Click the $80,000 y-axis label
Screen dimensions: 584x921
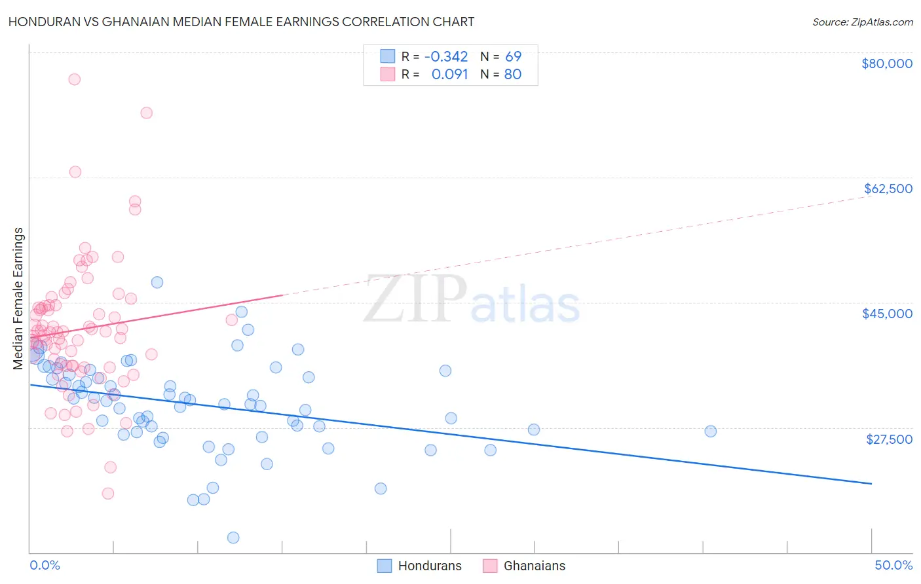coord(887,64)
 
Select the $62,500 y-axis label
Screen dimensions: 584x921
coord(888,189)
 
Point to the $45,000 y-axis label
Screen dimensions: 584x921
coord(887,314)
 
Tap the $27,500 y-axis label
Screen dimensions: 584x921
coord(889,439)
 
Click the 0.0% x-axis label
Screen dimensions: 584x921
coord(45,565)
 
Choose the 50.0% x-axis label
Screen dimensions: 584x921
coord(893,565)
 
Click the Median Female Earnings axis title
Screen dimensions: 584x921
coord(18,299)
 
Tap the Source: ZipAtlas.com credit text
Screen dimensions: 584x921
coord(862,22)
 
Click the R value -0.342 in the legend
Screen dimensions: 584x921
coord(446,57)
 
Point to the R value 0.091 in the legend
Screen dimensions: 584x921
coord(449,75)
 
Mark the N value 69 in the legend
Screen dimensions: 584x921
coord(513,57)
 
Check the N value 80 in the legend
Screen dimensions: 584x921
coord(513,75)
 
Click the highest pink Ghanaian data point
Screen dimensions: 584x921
coord(75,79)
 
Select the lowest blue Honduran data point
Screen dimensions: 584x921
coord(233,538)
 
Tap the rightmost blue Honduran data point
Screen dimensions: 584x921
coord(711,431)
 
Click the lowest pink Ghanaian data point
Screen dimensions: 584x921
coord(108,493)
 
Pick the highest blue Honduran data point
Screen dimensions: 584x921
coord(157,282)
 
